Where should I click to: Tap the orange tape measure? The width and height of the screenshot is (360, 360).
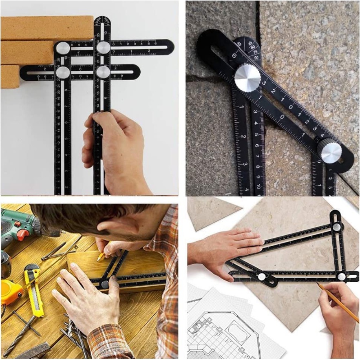click(11, 292)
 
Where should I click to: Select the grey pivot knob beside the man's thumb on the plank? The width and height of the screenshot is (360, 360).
click(104, 284)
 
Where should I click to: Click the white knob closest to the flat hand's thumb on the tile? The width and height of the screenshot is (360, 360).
click(261, 276)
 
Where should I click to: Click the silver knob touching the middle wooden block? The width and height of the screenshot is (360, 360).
click(63, 48)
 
